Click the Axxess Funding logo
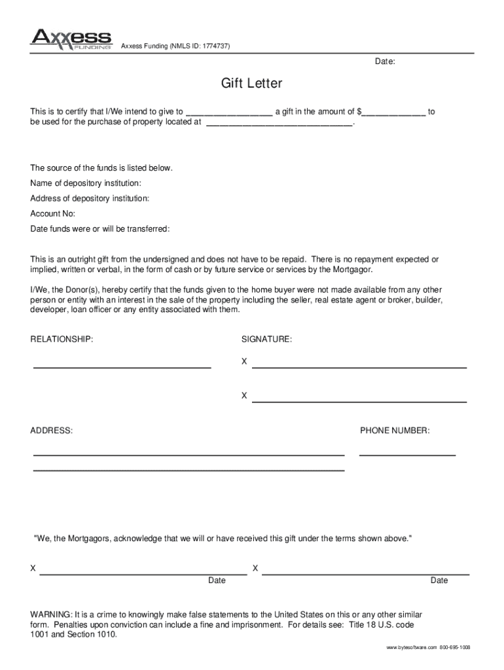pos(71,39)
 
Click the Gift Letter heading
pos(251,84)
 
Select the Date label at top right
pos(384,62)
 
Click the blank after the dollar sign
pos(393,113)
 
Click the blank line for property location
pos(279,122)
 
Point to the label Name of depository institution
pos(86,183)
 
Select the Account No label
pos(53,214)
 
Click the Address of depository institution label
pos(90,198)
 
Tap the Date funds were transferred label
pos(100,229)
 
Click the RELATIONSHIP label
pos(62,340)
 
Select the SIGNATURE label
pos(266,340)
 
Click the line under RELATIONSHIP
pos(122,368)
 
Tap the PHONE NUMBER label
pos(395,431)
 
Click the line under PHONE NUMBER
pos(407,455)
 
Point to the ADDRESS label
pos(52,431)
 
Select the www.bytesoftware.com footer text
pos(411,647)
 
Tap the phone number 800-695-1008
pos(455,647)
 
